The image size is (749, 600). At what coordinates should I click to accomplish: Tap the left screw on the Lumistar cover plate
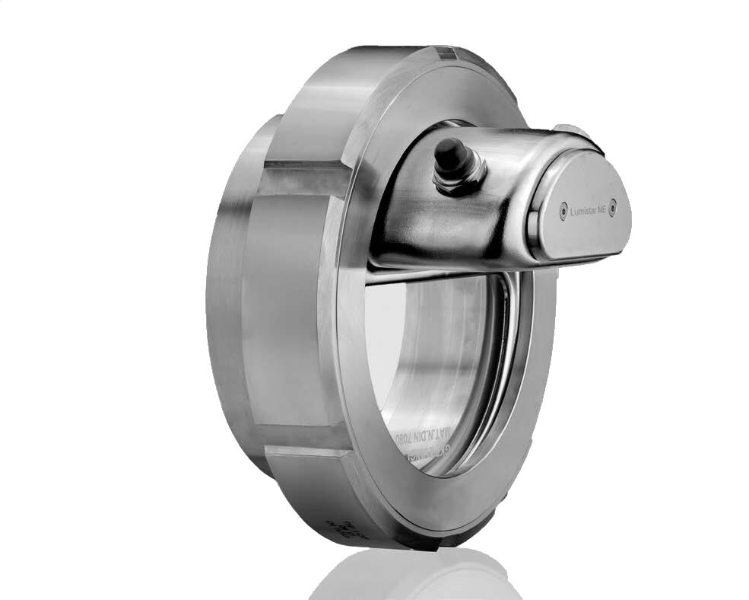point(563,206)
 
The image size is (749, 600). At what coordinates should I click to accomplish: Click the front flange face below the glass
point(456,503)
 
